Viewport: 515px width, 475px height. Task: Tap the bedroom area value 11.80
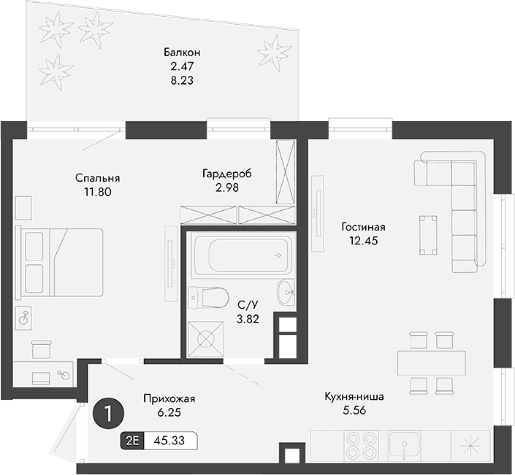(x=96, y=193)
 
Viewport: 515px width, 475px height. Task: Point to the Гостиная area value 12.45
(x=362, y=240)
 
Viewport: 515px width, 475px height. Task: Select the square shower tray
(x=205, y=339)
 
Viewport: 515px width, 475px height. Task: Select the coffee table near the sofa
(x=429, y=233)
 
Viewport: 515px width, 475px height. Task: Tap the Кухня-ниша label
(x=354, y=398)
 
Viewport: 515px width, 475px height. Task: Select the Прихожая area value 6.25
(x=169, y=412)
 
